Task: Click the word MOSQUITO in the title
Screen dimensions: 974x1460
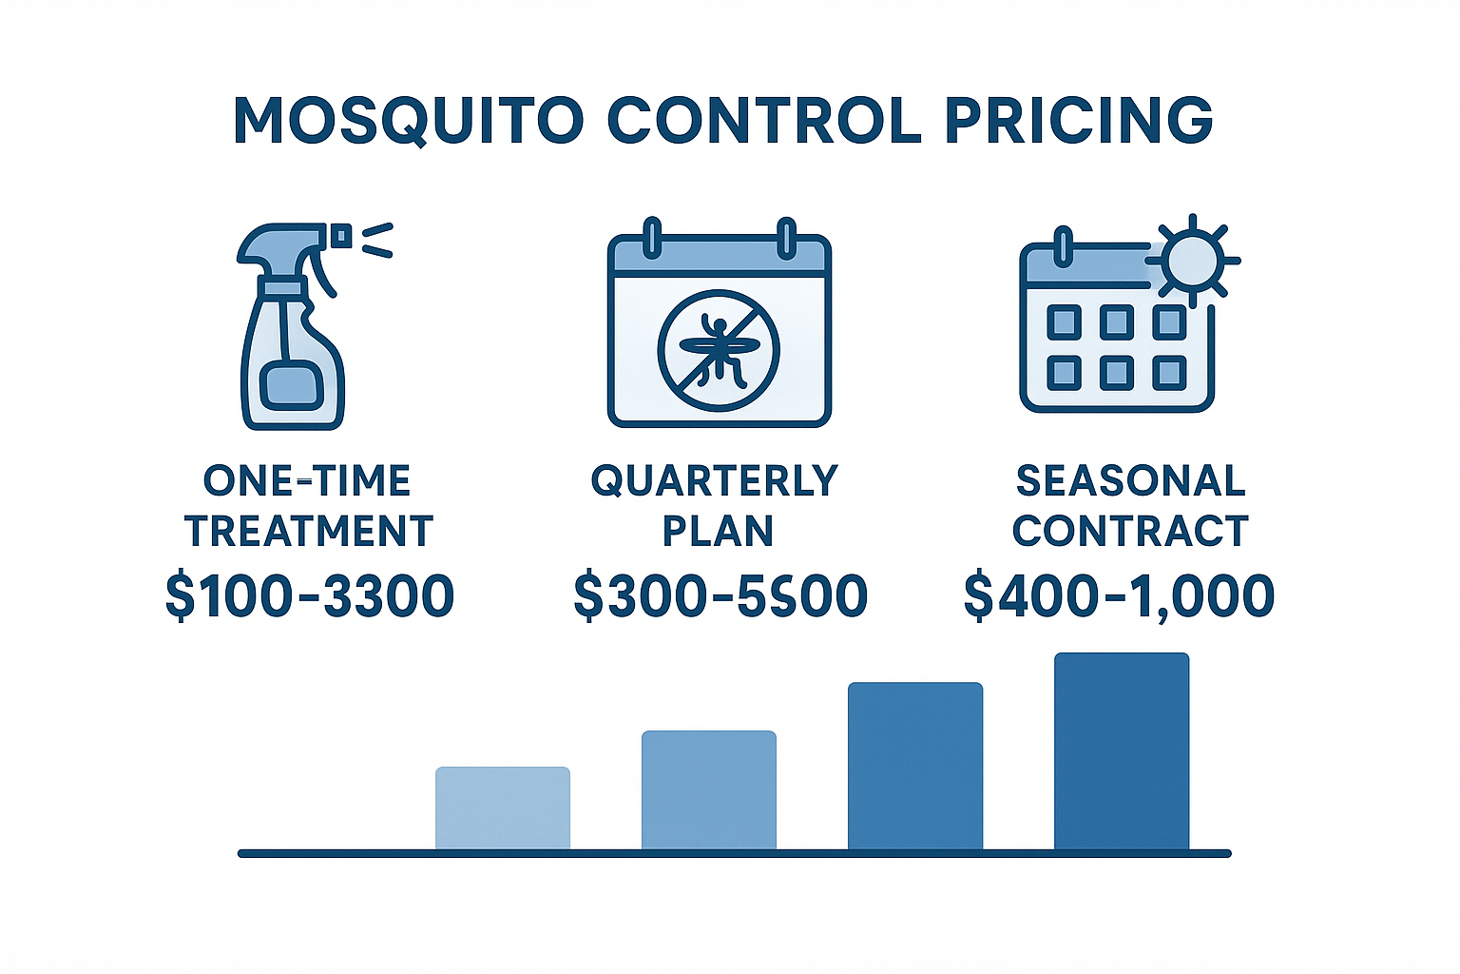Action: point(408,121)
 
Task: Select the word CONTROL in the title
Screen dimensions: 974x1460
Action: point(763,121)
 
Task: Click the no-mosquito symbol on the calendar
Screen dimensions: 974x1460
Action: point(719,350)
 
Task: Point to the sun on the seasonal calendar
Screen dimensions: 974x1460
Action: point(1191,260)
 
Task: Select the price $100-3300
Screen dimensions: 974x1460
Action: point(310,596)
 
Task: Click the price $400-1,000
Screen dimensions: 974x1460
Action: point(1119,596)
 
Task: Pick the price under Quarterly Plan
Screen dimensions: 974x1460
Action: point(720,596)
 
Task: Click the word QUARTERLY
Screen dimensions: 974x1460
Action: point(715,481)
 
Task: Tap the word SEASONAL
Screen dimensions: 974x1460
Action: point(1130,481)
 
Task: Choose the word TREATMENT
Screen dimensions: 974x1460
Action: point(309,531)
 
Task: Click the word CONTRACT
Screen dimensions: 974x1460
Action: point(1130,531)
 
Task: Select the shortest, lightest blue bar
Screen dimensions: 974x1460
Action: point(503,808)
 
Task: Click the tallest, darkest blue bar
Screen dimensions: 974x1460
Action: point(1122,751)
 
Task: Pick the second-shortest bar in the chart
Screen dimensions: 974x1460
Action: point(709,789)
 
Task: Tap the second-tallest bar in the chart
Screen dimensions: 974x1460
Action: point(915,766)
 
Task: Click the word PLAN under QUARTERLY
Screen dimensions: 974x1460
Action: point(718,531)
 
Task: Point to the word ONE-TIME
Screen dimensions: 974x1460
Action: point(307,481)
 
